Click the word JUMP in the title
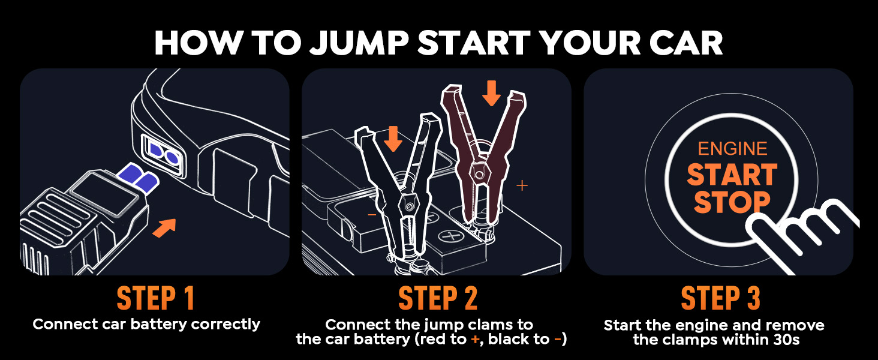coord(359,43)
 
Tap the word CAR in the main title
coord(686,43)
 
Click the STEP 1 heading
coord(155,298)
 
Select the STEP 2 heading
coord(438,298)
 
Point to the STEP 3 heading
coord(720,298)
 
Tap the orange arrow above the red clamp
coord(491,93)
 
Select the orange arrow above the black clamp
coord(393,139)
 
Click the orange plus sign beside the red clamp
coord(522,185)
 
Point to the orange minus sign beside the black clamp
coord(372,215)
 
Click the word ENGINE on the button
coord(732,149)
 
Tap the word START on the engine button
coord(732,175)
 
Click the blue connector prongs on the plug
coord(139,178)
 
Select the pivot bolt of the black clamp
coord(409,205)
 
